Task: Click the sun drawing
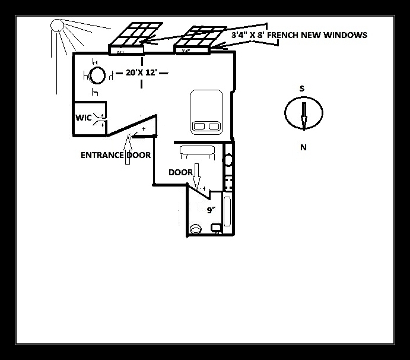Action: (57, 25)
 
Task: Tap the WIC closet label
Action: (83, 118)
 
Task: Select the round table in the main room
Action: (97, 75)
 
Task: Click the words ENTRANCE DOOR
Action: (116, 155)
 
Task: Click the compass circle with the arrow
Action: (303, 112)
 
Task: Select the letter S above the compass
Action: (302, 89)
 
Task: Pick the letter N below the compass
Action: (303, 148)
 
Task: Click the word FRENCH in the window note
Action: (287, 35)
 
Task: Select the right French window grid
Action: (201, 39)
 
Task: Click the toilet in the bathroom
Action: (195, 228)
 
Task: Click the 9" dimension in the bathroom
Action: (210, 210)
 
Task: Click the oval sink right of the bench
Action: (228, 159)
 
